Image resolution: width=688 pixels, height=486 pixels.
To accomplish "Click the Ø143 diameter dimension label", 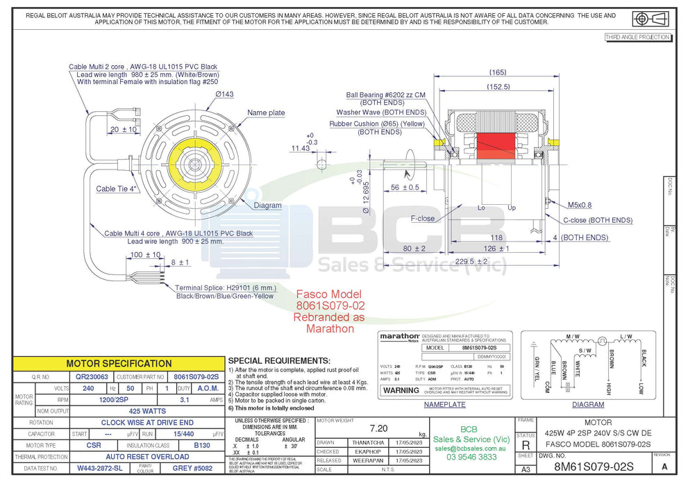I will (x=224, y=94).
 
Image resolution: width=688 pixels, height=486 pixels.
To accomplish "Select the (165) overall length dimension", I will (x=497, y=72).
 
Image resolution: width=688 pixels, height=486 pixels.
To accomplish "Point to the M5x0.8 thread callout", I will (x=580, y=205).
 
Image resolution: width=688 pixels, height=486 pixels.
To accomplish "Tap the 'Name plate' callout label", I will (x=266, y=112).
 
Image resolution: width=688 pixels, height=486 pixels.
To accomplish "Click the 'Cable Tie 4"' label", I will (x=115, y=189).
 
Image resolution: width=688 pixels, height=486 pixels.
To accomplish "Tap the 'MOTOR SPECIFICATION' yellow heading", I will (x=119, y=363).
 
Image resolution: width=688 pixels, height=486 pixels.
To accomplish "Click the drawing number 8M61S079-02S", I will (x=593, y=467).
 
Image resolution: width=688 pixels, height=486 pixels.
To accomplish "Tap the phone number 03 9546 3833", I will (x=471, y=458).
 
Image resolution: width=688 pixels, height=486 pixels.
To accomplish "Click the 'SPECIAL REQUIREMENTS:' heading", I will (x=279, y=361).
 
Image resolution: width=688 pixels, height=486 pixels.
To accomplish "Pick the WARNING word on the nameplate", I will (x=401, y=391).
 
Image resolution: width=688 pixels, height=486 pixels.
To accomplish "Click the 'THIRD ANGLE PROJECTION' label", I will (x=637, y=37).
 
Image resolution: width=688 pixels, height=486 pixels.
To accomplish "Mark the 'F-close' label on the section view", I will (x=423, y=218).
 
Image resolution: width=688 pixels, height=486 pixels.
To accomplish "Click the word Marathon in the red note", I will (x=330, y=328).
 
